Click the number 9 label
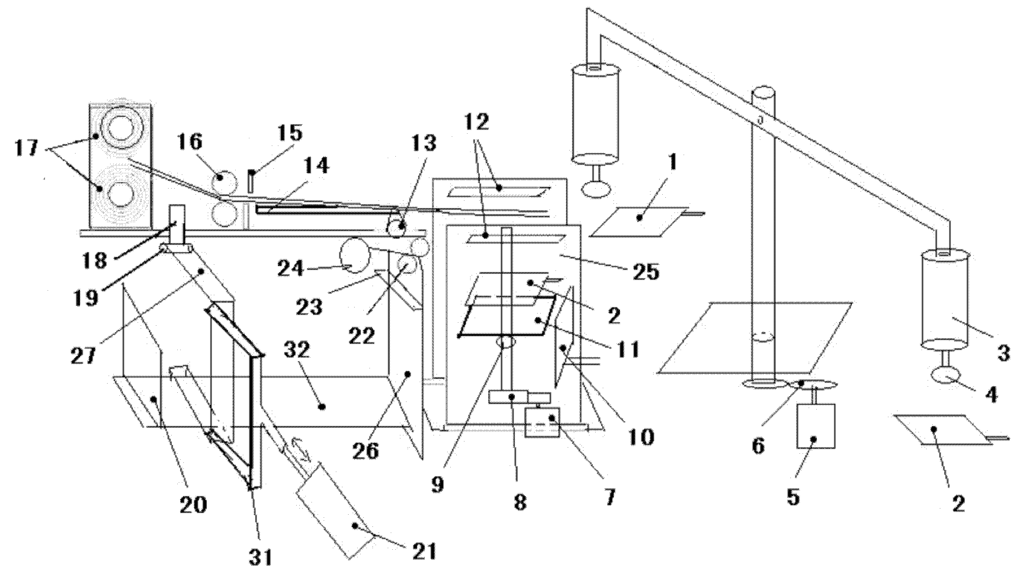(x=437, y=485)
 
